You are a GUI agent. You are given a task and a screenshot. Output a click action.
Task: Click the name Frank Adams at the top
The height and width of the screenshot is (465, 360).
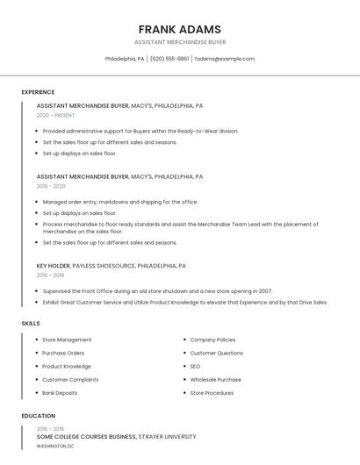point(180,29)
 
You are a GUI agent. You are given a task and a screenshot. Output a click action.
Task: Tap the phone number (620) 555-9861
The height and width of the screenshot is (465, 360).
point(169,59)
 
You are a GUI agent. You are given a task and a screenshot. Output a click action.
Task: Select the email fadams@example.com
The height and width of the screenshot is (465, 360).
point(225,59)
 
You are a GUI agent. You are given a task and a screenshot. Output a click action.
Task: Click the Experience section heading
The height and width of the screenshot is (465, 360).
point(38,92)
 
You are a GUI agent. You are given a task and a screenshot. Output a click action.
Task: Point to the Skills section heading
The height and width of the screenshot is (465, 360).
point(31,324)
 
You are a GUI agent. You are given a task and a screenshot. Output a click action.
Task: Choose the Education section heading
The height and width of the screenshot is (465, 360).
point(39,416)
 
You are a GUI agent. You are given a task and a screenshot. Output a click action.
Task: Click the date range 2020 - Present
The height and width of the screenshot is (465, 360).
point(55,115)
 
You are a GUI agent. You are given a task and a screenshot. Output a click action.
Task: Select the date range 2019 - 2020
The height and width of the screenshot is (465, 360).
point(51,186)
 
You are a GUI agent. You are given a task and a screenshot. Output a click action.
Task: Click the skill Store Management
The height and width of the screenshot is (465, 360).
point(67,340)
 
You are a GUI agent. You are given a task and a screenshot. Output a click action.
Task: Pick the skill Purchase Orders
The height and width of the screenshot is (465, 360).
point(63,353)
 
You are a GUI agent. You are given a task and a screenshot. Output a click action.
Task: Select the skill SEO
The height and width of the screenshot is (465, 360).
point(195,366)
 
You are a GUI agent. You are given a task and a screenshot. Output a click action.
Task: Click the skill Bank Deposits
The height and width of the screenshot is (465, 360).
point(60,393)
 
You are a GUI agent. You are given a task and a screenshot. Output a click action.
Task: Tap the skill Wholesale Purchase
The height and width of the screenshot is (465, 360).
point(215,380)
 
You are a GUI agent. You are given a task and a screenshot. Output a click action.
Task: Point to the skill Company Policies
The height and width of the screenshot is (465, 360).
point(212,340)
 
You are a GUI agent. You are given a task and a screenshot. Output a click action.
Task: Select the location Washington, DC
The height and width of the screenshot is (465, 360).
point(54,446)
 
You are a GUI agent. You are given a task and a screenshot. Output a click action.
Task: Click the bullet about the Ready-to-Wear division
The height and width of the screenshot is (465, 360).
point(140,131)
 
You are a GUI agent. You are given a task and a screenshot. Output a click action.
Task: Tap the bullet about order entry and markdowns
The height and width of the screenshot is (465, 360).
point(120,202)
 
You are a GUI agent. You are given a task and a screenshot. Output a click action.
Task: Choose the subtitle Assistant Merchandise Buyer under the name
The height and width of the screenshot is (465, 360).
point(180,42)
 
